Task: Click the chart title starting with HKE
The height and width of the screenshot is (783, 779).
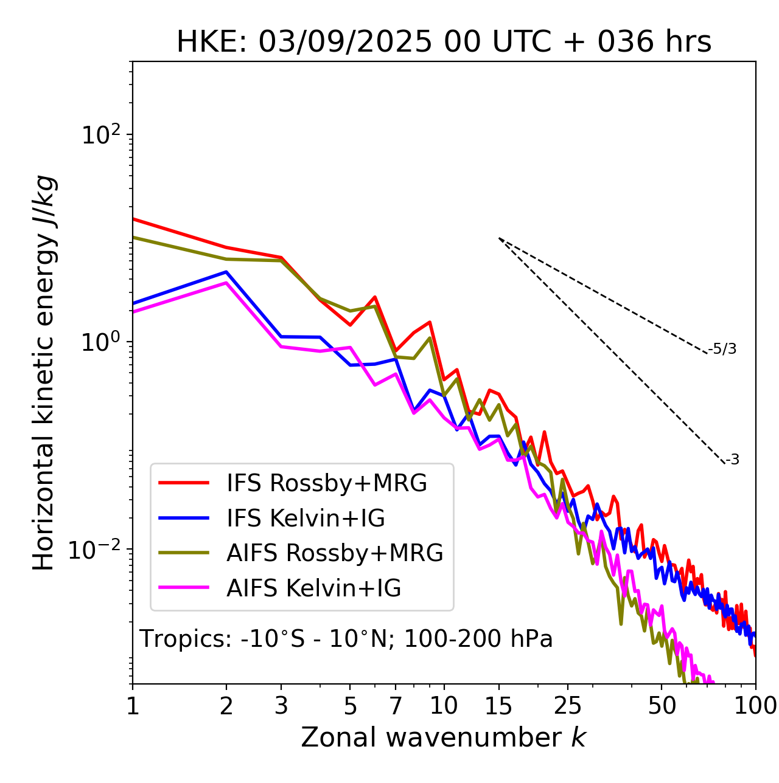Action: click(x=444, y=43)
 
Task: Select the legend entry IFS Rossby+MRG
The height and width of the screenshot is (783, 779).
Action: click(x=326, y=483)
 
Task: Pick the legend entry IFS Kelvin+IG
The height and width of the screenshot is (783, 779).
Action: click(x=306, y=518)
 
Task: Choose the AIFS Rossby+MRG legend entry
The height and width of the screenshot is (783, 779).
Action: click(x=335, y=553)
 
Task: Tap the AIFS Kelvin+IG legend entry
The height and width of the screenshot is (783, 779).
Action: click(x=313, y=588)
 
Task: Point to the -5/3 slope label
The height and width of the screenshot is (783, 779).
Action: click(x=722, y=349)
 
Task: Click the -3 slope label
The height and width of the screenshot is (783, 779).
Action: click(x=733, y=460)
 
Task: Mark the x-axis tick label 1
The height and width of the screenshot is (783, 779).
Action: click(x=133, y=705)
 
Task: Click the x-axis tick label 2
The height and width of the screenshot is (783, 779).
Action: click(x=226, y=705)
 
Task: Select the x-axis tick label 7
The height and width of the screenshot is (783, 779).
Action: click(x=396, y=705)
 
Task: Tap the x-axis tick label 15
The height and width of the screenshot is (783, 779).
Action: click(x=498, y=705)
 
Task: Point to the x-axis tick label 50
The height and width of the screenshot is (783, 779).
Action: click(x=662, y=705)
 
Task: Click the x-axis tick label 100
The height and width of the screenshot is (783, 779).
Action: click(x=755, y=705)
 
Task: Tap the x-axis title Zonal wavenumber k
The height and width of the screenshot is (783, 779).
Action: click(x=444, y=737)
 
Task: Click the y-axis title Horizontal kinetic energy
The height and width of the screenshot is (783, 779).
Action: click(x=44, y=373)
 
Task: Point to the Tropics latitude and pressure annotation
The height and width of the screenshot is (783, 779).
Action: click(x=346, y=639)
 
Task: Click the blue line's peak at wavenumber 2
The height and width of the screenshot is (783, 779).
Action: click(x=226, y=272)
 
